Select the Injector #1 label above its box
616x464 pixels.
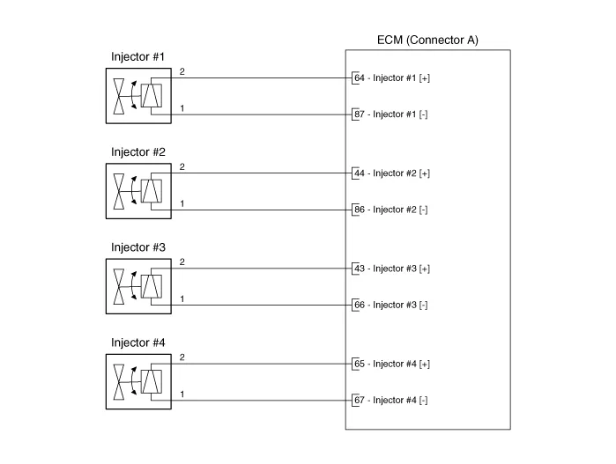pos(138,57)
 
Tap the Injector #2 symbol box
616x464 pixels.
pos(138,189)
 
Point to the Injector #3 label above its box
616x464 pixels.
pos(138,247)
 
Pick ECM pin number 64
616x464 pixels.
pos(359,78)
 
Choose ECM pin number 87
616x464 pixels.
pos(359,114)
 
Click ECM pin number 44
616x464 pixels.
pos(359,173)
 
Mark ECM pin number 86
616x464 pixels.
pos(359,210)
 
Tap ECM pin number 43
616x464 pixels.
pos(359,269)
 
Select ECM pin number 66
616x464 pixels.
pos(359,305)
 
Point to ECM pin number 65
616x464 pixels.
pos(359,364)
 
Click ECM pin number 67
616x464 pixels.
pos(359,401)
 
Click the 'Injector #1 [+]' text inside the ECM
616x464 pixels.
pos(402,78)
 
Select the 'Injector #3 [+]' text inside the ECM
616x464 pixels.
pos(402,269)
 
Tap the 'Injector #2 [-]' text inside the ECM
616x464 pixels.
pos(401,210)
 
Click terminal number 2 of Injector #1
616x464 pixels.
pos(182,71)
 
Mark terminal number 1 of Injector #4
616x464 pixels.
pos(182,394)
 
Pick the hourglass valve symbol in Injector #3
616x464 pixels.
pos(119,285)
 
